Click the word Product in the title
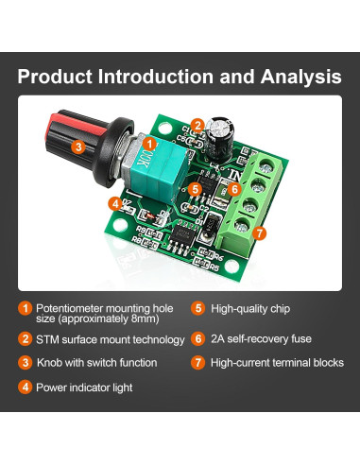click(x=60, y=76)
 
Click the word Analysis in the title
click(x=295, y=76)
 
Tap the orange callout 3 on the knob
click(x=78, y=146)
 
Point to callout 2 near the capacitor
click(x=197, y=124)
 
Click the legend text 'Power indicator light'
click(x=84, y=387)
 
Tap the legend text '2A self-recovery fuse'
click(x=266, y=337)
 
